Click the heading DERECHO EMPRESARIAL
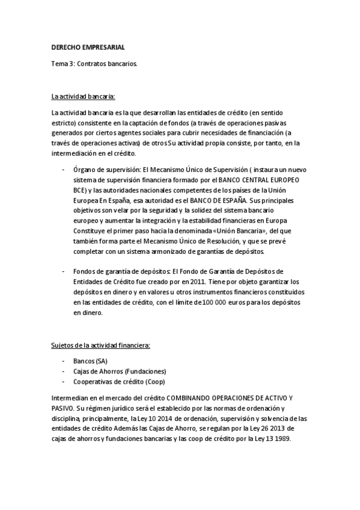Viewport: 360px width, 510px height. (x=88, y=48)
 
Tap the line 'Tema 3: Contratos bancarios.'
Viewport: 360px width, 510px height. (x=94, y=62)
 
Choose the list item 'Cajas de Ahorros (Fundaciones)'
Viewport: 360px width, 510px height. (x=120, y=371)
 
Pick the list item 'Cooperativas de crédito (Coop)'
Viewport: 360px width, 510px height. (x=118, y=381)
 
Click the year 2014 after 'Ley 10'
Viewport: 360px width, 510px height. (x=171, y=418)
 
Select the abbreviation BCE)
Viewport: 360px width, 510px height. (x=82, y=189)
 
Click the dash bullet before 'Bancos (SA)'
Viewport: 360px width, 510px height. (x=64, y=361)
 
